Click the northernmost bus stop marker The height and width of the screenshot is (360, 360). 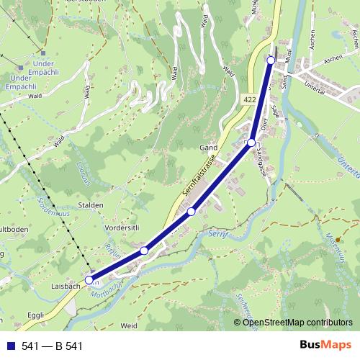coord(271,60)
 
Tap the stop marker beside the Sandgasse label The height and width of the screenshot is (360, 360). coord(251,143)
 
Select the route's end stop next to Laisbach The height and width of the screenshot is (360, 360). coord(89,279)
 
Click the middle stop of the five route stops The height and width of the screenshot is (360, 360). coord(191,211)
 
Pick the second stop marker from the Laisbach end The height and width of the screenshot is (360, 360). coord(144,250)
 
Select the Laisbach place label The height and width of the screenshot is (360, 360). coord(66,286)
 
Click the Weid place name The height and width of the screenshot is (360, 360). coord(130,325)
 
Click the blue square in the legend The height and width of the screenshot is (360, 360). coord(11,346)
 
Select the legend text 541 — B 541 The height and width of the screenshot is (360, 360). coord(53,346)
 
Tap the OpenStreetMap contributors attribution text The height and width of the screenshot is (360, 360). coord(297,323)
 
